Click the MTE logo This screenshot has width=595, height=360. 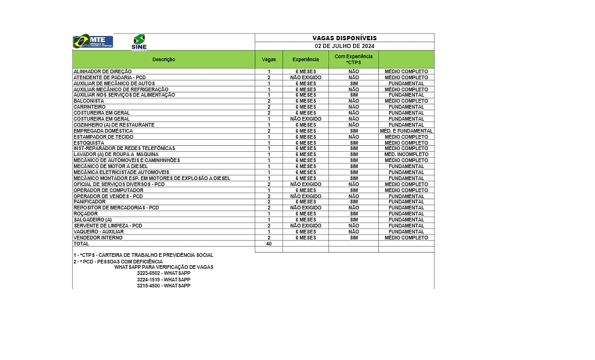[x=92, y=42]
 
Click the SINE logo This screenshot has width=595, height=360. [x=139, y=43]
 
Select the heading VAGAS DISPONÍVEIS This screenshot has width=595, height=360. [x=344, y=38]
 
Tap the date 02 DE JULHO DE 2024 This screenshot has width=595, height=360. [x=344, y=46]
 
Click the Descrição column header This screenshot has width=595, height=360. [x=163, y=59]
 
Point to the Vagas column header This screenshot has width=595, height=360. [x=268, y=59]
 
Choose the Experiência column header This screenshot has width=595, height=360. [x=305, y=59]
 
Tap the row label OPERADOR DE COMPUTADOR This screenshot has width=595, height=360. [x=100, y=190]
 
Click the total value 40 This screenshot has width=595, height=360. [x=268, y=244]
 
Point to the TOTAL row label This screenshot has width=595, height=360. [x=81, y=244]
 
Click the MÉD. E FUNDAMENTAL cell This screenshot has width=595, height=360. [x=406, y=131]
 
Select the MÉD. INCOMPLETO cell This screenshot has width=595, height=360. [x=406, y=154]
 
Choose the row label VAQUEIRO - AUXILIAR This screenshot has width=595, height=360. [x=98, y=232]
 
